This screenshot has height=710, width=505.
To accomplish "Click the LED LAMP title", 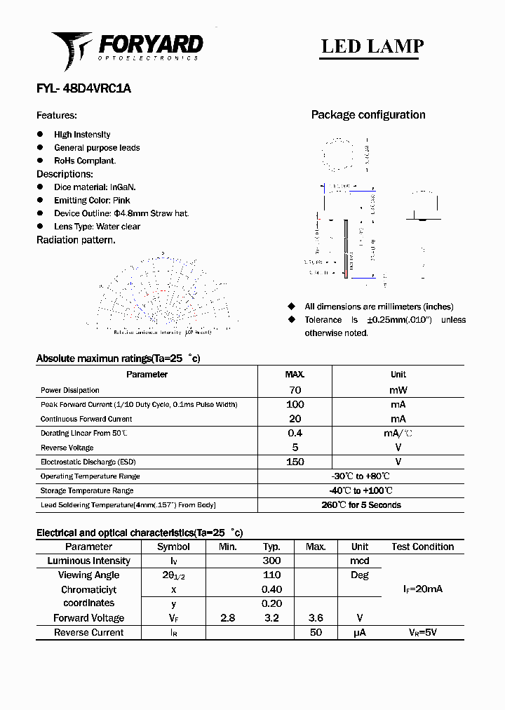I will coord(372,46).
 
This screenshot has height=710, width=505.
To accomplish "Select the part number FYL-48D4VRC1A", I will coord(83,89).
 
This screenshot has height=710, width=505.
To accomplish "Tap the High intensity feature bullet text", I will coord(82,135).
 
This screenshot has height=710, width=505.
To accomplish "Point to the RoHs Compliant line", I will coord(85,161).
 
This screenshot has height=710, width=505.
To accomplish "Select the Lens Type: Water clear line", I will coord(97,227).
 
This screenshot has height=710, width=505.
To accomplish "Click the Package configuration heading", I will coord(368,115).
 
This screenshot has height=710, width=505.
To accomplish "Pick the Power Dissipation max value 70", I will coord(295,390).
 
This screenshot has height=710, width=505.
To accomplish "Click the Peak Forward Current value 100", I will coord(295,405).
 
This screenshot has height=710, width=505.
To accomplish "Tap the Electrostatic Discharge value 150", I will coord(295,462).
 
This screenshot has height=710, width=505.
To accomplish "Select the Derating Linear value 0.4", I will coord(295,434).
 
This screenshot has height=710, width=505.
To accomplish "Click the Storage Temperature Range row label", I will coord(87,491).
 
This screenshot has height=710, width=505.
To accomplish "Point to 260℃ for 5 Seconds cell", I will coord(361,505).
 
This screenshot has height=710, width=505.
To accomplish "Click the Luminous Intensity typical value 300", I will coord(271,561).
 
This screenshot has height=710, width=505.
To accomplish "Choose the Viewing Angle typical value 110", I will coord(271,575).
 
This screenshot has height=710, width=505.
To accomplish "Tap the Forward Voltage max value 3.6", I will coord(316,618).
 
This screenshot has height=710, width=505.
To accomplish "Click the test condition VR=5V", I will coord(422,633).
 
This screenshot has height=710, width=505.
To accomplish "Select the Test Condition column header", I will coord(422,547).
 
